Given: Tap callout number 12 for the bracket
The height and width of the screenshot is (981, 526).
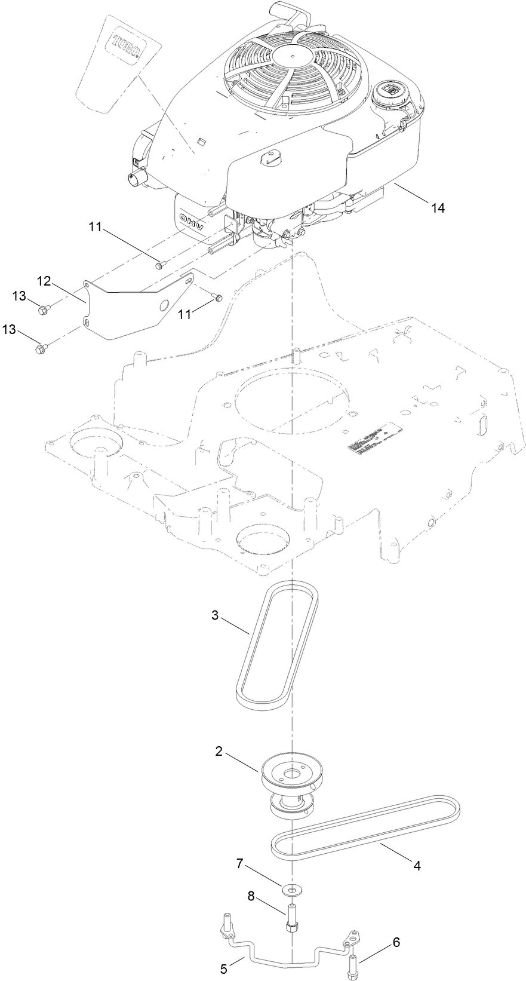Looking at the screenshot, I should pyautogui.click(x=46, y=280).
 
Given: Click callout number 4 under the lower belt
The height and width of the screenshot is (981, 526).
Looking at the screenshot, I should pyautogui.click(x=417, y=866).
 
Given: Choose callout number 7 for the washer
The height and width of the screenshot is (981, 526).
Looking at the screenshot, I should pyautogui.click(x=240, y=863).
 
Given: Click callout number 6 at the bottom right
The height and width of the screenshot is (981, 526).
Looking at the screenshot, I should pyautogui.click(x=396, y=926).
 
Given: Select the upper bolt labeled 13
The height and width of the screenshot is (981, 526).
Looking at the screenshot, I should pyautogui.click(x=44, y=309).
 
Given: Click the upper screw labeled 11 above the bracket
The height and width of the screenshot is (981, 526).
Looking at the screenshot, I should pyautogui.click(x=158, y=265).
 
